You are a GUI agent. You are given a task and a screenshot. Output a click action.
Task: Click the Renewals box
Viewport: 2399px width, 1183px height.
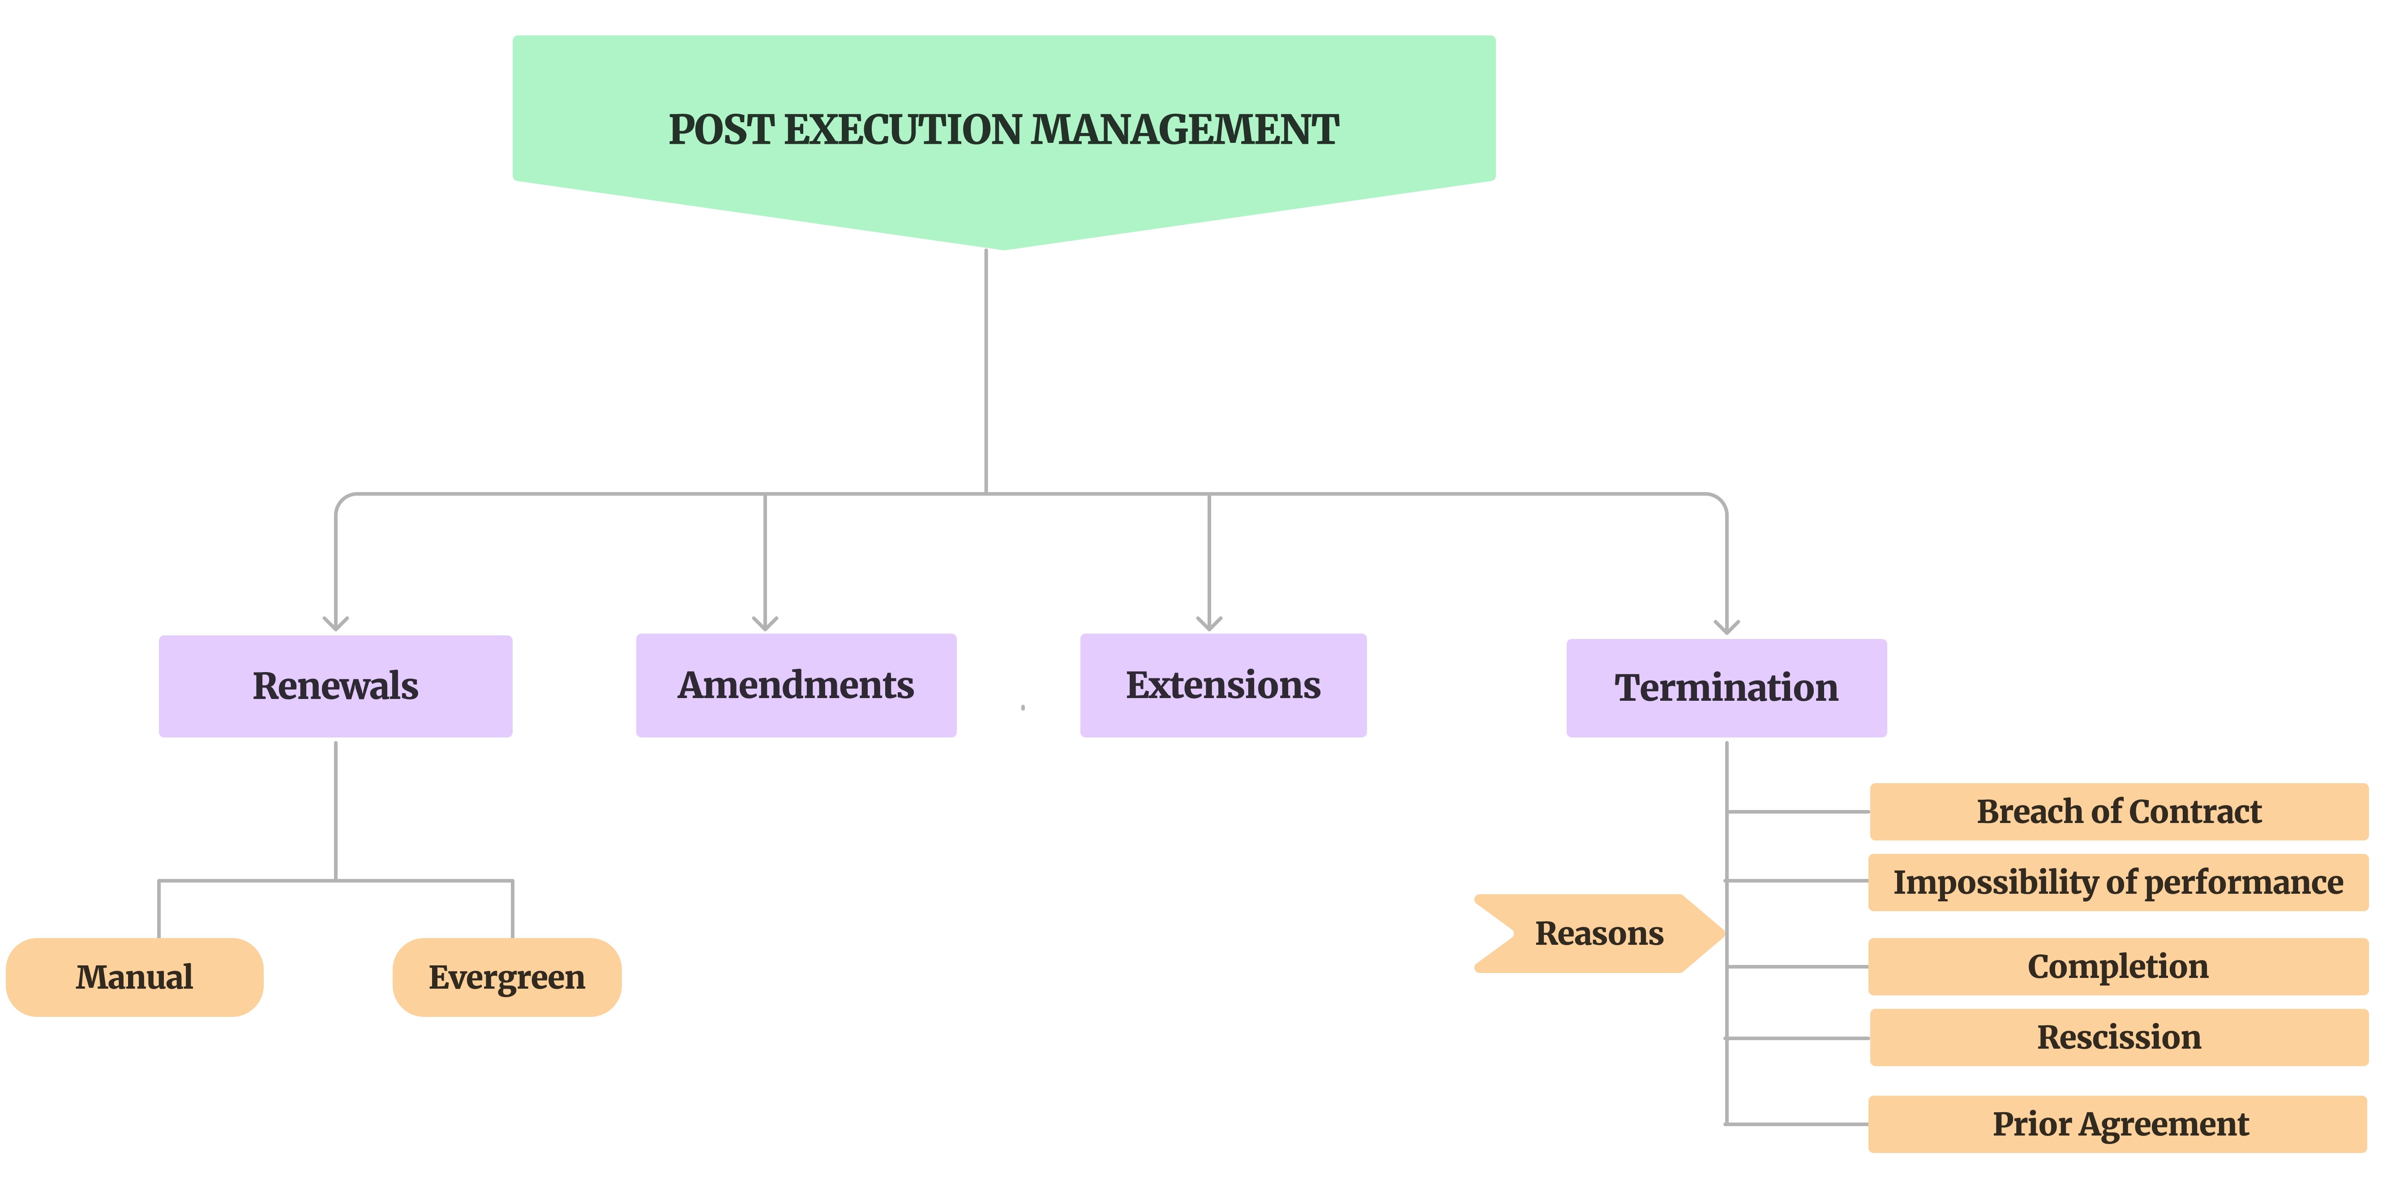335,686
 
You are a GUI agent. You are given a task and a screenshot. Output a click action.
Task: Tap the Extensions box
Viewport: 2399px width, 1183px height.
1223,686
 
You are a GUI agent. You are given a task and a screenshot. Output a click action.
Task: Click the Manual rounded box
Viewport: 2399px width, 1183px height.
135,977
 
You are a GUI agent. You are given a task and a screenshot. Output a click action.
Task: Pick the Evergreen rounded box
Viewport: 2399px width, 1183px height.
507,977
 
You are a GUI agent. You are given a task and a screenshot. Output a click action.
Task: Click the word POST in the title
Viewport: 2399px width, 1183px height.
721,129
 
